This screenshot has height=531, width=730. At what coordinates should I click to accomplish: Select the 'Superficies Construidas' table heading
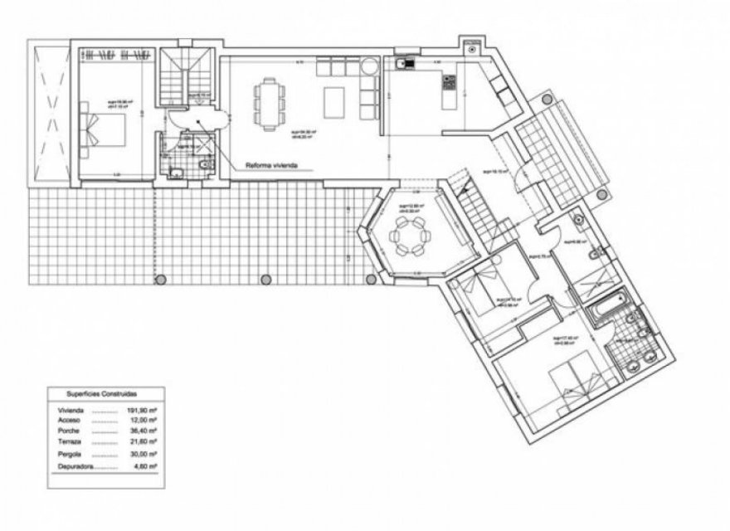[102, 395]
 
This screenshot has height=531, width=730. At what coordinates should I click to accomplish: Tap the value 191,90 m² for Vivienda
[148, 410]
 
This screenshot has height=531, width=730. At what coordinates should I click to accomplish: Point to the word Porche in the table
[68, 432]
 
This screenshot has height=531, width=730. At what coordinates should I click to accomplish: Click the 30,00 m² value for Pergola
[148, 455]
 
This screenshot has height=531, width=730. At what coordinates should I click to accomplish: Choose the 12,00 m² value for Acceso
[148, 421]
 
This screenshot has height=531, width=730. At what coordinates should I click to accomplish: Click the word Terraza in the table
[69, 444]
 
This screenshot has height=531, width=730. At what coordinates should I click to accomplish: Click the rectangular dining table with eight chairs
[267, 103]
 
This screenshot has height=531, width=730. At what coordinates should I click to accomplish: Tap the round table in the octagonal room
[411, 240]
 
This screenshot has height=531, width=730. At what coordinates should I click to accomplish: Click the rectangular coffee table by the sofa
[333, 103]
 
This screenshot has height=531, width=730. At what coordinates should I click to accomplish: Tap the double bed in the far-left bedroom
[103, 133]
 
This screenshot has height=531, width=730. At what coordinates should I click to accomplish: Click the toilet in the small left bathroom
[176, 173]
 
